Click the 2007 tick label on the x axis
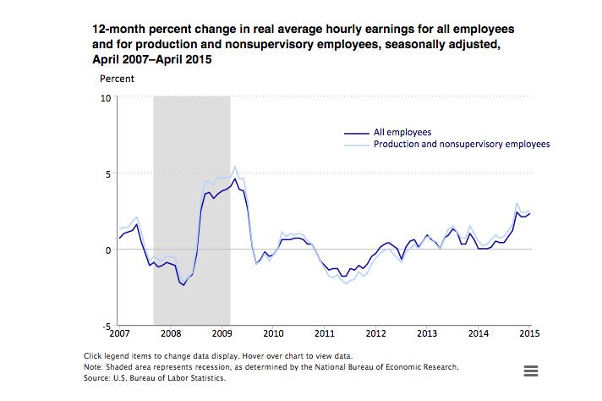(x=119, y=333)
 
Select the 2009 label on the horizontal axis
(x=222, y=333)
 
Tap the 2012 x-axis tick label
(x=376, y=333)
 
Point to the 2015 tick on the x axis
(x=529, y=333)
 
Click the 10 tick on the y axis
(x=106, y=98)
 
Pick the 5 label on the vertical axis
(x=108, y=174)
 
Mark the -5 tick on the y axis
(x=107, y=327)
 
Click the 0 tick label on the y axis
(x=108, y=250)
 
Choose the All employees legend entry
(x=402, y=132)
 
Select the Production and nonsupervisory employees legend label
(x=462, y=144)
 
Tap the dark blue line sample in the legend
(x=356, y=133)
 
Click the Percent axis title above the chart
(x=117, y=79)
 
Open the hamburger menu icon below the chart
(x=531, y=371)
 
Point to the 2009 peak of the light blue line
(x=235, y=167)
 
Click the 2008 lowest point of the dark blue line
(x=184, y=285)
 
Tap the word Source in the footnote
(x=96, y=378)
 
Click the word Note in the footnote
(x=92, y=367)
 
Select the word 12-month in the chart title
(x=119, y=30)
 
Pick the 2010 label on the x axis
(x=273, y=333)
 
